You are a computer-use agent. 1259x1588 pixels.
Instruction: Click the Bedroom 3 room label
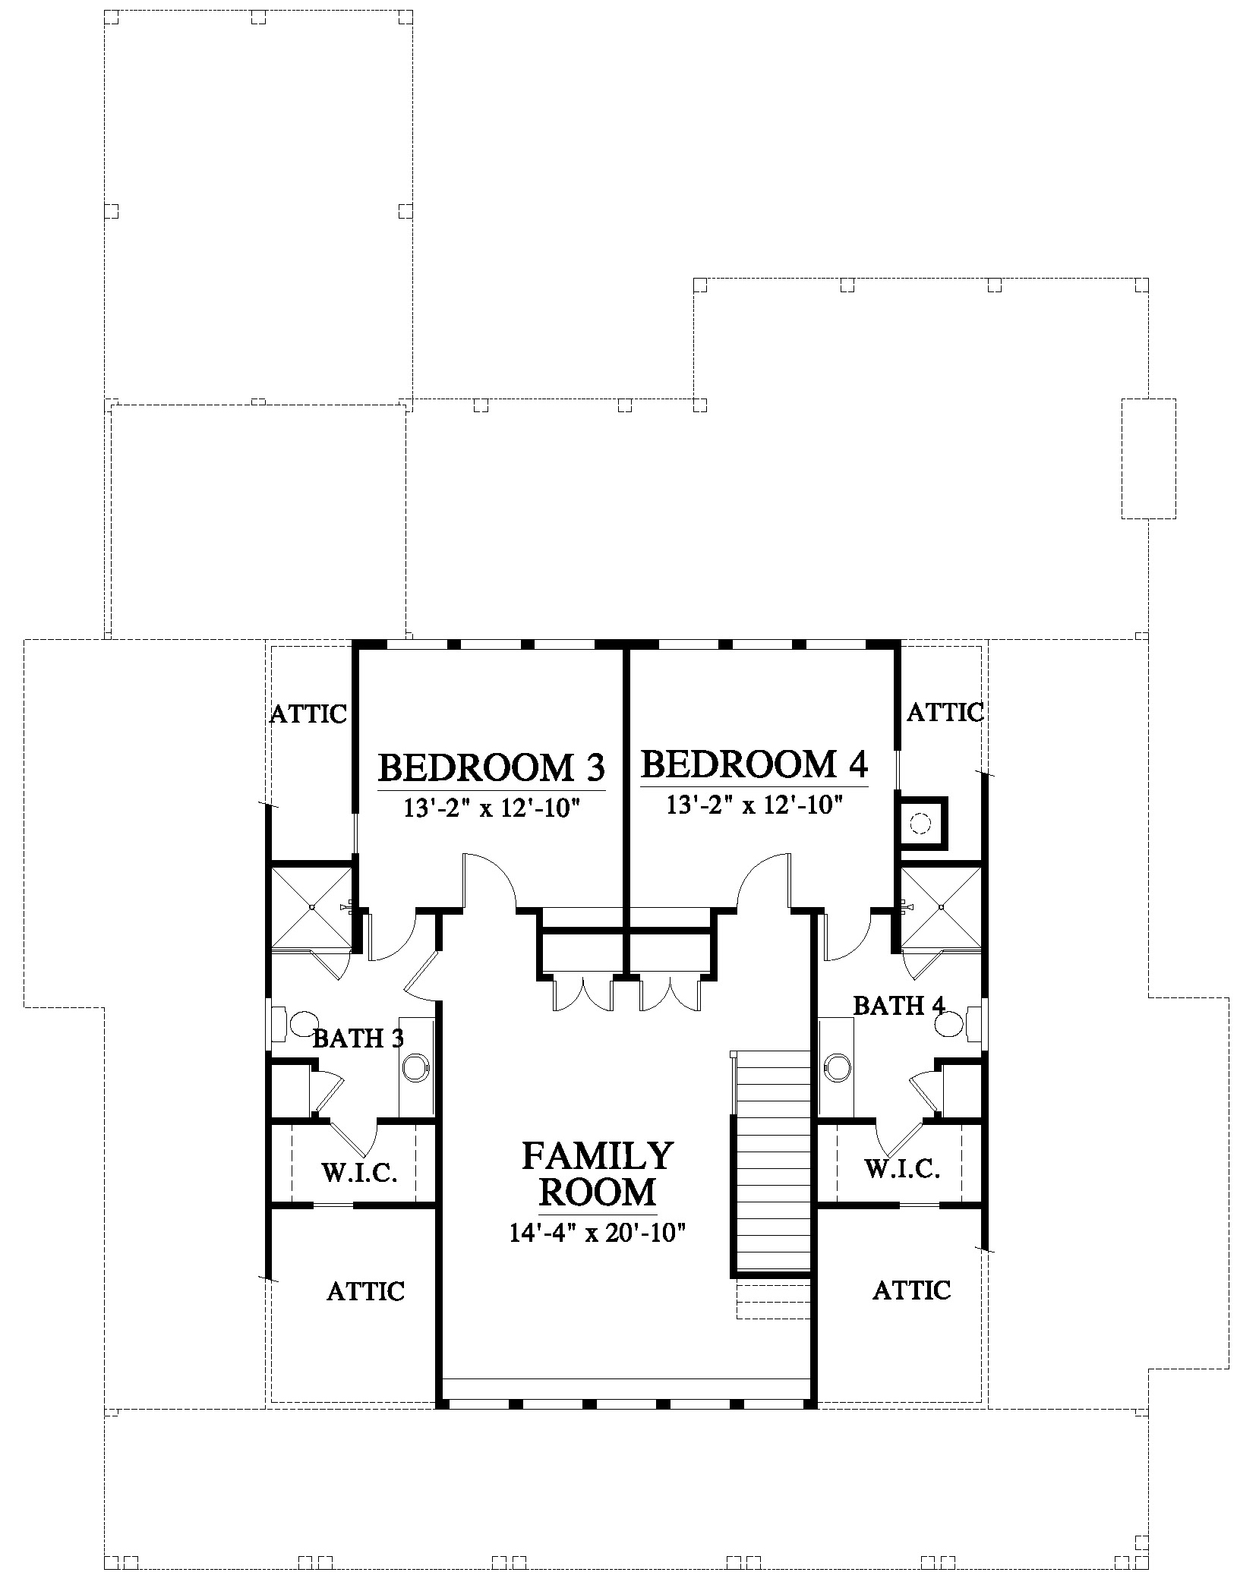491,767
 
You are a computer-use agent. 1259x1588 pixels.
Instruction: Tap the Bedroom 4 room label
754,764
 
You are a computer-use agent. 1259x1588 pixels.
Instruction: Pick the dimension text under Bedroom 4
755,805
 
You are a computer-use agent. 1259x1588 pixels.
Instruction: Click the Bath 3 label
358,1038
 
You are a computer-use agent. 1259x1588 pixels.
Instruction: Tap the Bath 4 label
899,1006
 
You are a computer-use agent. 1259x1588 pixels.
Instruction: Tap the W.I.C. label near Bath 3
359,1172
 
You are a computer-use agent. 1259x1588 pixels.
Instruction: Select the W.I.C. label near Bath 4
902,1168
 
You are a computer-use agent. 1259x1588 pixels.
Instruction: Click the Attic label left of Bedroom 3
308,714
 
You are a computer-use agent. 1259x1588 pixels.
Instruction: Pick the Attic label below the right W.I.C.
911,1290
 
